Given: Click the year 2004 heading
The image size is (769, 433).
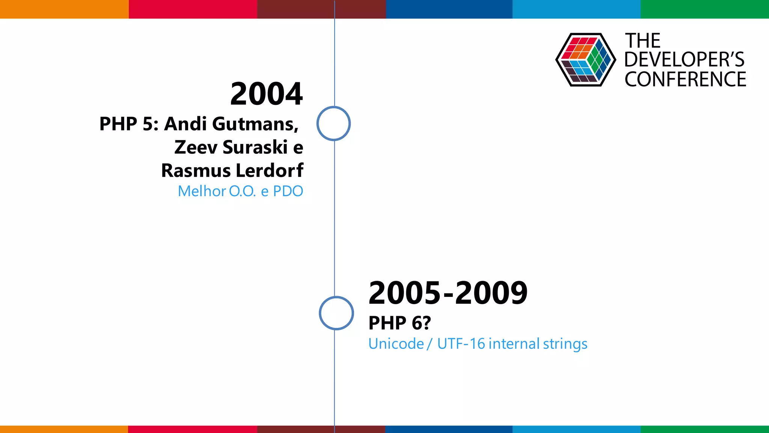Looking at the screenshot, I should pos(266,94).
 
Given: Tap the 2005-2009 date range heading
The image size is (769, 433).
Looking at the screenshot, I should pos(448,293).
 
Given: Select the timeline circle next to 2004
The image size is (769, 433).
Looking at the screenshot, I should pos(333,124).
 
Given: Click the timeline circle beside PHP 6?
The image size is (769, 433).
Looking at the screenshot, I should pos(336,313).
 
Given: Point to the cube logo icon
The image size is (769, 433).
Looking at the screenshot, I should pos(585,60).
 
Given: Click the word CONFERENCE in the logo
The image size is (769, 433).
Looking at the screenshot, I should pos(685,80).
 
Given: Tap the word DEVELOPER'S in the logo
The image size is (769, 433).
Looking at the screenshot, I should pos(684,60).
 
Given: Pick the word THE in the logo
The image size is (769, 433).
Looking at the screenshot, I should pos(642,41).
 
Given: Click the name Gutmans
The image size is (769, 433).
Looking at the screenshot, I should pos(255,124).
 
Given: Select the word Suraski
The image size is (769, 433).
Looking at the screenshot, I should pos(255,147).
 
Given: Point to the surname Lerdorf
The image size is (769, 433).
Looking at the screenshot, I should pos(267,170).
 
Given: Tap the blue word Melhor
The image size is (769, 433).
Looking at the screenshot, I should pos(202,191).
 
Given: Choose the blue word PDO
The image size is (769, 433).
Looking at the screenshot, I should pos(288,191).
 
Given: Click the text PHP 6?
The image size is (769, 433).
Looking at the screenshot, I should pos(400,323).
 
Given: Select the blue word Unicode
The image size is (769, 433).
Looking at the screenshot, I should pos(396,344).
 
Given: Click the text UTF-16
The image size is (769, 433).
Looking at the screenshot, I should pos(461,344).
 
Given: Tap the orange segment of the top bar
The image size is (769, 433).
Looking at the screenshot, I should pos(64,9).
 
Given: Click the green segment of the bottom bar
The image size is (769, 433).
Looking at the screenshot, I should pos(704,429).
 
